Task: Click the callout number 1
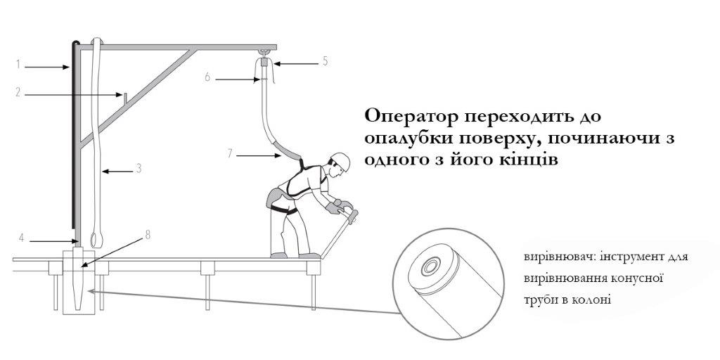(18, 64)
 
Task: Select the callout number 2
(18, 92)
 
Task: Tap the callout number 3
(139, 169)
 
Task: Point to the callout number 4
(21, 238)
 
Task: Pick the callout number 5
(325, 60)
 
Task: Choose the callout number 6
(207, 77)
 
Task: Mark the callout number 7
(230, 153)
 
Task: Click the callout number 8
(148, 235)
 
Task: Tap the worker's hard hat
(341, 161)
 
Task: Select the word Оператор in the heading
(410, 117)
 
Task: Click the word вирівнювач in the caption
(548, 257)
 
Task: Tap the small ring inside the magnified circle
(431, 266)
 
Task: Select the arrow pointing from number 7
(259, 156)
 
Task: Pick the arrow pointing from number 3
(117, 172)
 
